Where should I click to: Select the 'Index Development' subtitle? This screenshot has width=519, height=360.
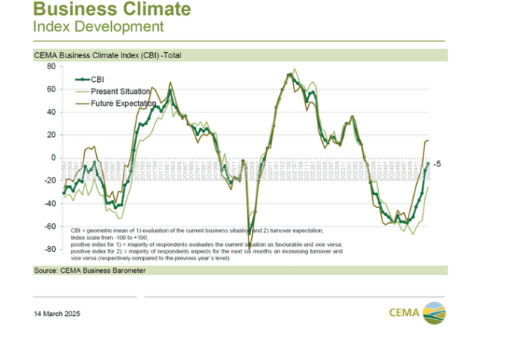(98, 27)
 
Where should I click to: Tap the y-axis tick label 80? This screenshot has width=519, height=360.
(51, 66)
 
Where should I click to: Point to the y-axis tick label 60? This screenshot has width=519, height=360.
(51, 89)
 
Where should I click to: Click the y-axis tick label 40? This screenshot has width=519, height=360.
(51, 113)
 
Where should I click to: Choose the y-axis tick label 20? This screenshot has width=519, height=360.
(51, 135)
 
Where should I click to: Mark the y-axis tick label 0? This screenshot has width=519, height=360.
(53, 158)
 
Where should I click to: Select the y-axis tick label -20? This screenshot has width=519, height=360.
(49, 180)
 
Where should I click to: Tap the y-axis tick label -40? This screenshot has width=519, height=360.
(49, 203)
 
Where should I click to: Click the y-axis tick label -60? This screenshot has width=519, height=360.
(49, 226)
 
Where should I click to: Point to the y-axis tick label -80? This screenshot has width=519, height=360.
(49, 249)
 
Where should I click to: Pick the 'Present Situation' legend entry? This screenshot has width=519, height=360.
(120, 91)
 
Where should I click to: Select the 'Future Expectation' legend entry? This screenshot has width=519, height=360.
(123, 103)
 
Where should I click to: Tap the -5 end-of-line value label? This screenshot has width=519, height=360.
(438, 164)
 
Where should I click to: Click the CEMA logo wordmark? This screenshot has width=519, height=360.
(405, 313)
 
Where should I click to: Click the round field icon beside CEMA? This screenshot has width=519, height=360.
(434, 313)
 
